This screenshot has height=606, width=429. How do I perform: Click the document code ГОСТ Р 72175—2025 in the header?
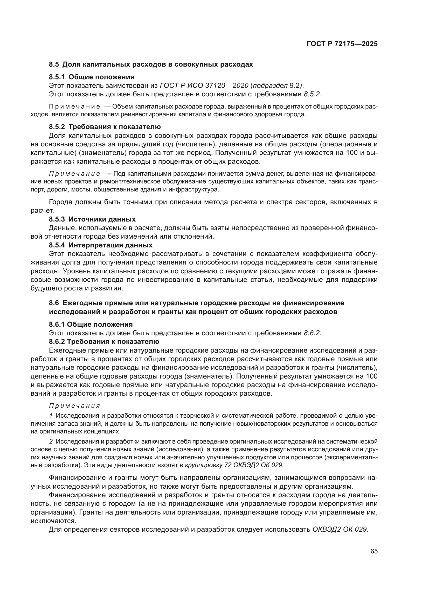point(342,44)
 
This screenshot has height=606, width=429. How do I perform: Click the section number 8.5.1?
point(57,77)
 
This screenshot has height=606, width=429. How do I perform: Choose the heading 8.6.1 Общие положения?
point(91,324)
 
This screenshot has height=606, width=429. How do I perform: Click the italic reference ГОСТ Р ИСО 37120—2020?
point(204,85)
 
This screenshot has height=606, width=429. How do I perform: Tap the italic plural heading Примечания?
point(74,406)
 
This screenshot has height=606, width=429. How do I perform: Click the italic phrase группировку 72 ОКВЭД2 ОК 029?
point(234,465)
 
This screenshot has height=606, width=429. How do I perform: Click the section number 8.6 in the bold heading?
point(54,303)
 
